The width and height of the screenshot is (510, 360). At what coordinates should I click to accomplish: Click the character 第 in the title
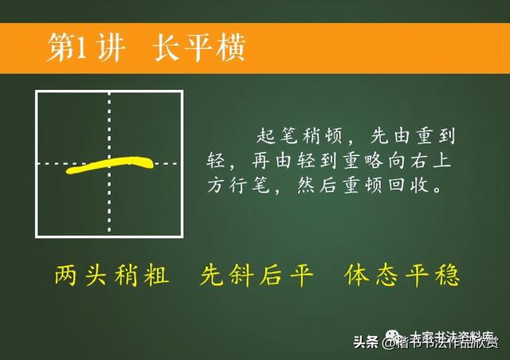pos(61,49)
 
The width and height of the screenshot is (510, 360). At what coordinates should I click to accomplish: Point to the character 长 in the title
pos(166,49)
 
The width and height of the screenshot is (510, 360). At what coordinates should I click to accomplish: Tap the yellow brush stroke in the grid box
pos(112,166)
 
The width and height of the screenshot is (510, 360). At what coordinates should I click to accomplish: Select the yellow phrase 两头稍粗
pos(112,276)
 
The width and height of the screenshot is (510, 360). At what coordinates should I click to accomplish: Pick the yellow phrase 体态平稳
pos(402,276)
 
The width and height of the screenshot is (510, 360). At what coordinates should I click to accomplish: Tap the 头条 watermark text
pos(367,342)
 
